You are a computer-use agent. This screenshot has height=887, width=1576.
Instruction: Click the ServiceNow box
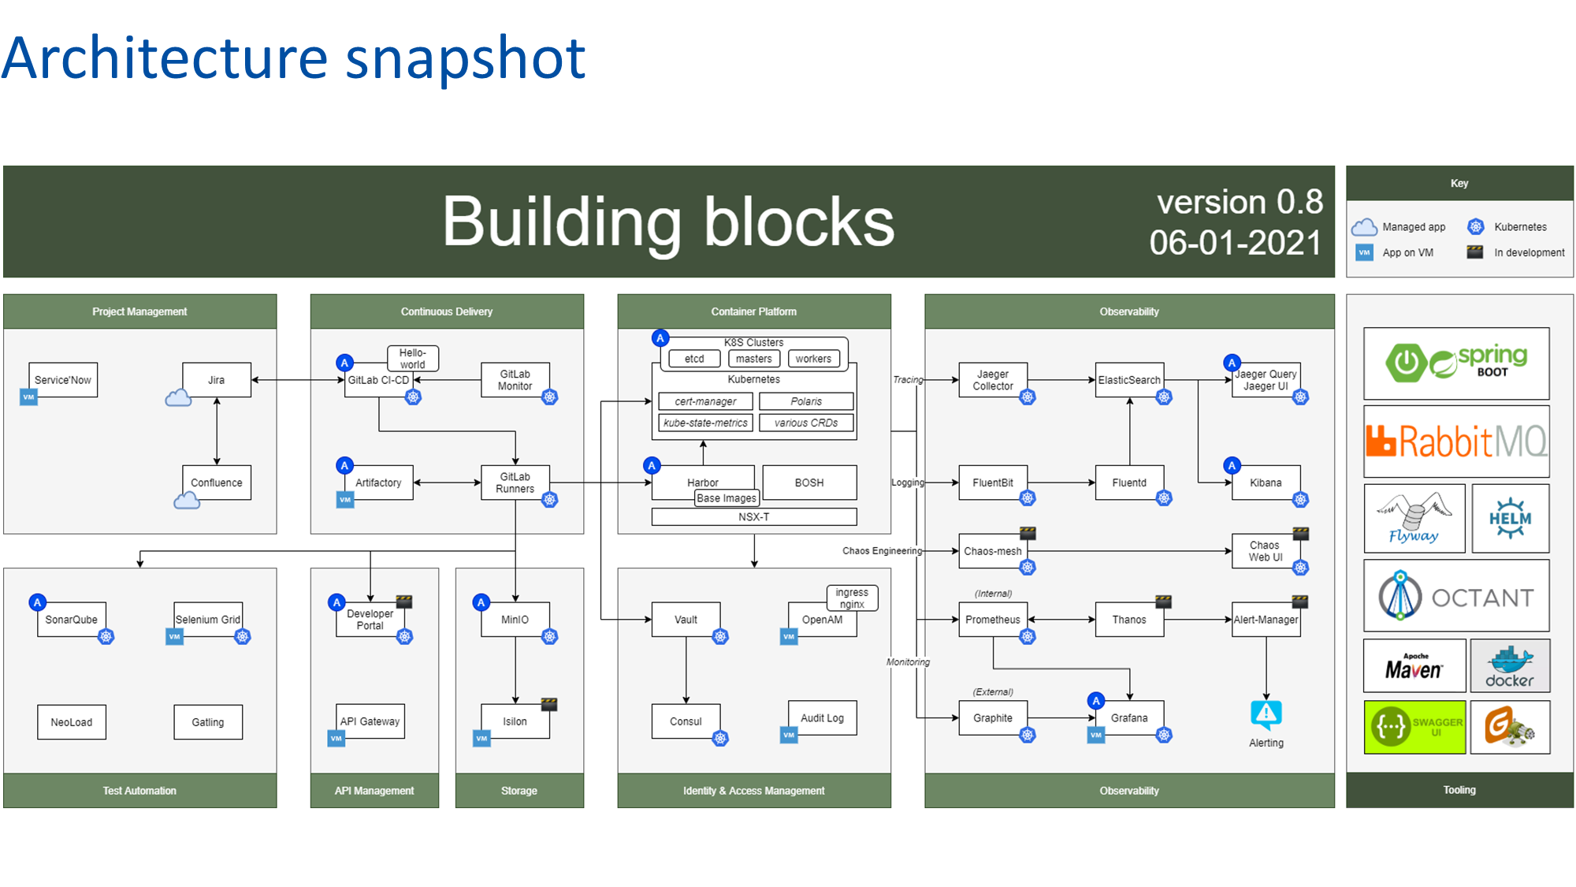pos(63,380)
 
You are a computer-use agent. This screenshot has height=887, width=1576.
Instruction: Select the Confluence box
pos(217,483)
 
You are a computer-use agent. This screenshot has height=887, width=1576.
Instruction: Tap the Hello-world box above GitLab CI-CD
pos(413,359)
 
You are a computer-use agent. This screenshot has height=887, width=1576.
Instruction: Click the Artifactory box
pos(378,483)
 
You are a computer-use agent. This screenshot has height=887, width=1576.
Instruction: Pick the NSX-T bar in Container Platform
pos(754,517)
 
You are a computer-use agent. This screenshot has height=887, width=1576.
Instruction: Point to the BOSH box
pos(809,483)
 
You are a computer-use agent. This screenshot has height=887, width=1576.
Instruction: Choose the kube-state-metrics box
pos(705,423)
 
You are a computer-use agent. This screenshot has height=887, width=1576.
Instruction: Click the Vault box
pos(686,620)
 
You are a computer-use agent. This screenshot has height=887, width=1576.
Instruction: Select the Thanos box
pos(1129,620)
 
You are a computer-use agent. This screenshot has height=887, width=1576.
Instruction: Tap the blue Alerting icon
pos(1266,714)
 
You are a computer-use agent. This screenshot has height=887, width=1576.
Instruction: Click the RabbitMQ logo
pos(1456,442)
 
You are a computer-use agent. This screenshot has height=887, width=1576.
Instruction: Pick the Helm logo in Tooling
pos(1510,518)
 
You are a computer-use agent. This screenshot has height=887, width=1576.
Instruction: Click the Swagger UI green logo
pos(1415,727)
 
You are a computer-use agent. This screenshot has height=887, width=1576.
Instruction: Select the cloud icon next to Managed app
pos(1364,227)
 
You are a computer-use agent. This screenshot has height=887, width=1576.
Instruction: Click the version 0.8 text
pos(1240,203)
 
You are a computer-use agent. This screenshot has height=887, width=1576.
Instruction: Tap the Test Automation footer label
pos(139,791)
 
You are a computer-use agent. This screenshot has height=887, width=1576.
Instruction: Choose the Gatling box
pos(208,722)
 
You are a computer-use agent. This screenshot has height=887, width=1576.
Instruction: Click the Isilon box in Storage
pos(515,721)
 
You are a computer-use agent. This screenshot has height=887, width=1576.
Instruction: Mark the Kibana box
pos(1266,483)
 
